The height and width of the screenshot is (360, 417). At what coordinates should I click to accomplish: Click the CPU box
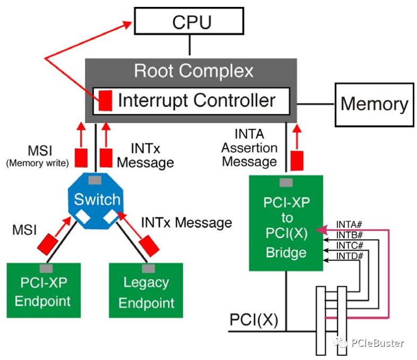[x=189, y=22]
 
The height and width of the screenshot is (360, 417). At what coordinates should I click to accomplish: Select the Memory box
[x=373, y=104]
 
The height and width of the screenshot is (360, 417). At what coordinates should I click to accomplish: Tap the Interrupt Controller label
[x=196, y=100]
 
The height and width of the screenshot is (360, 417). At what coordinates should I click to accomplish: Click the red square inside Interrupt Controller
[x=105, y=100]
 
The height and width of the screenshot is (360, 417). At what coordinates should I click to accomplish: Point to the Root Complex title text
[x=193, y=71]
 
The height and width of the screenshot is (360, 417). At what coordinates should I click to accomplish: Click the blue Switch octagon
[x=97, y=201]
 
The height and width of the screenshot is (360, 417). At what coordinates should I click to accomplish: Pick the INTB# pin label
[x=350, y=235]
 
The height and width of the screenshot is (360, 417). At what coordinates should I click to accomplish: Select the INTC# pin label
[x=350, y=246]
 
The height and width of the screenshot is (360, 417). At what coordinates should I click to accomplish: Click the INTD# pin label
[x=350, y=256]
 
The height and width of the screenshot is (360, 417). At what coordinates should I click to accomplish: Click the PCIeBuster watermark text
[x=377, y=343]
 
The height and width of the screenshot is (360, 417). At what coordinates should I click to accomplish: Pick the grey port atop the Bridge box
[x=286, y=183]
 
